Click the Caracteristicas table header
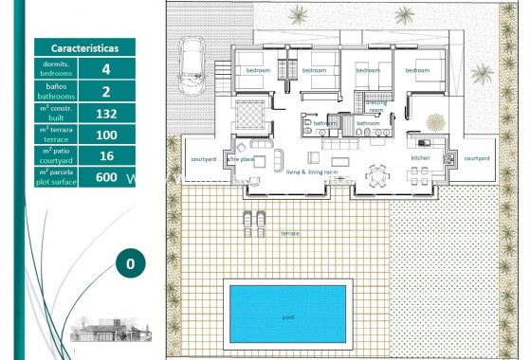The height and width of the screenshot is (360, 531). pyautogui.click(x=83, y=47)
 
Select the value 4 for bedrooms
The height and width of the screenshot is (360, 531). pyautogui.click(x=106, y=69)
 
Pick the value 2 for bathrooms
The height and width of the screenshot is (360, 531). pyautogui.click(x=106, y=91)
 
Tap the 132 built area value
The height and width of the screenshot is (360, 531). pyautogui.click(x=106, y=113)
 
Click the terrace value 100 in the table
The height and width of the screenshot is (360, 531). pyautogui.click(x=106, y=135)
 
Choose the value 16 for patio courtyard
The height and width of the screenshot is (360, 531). pyautogui.click(x=106, y=155)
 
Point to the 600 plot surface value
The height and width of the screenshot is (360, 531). pyautogui.click(x=106, y=177)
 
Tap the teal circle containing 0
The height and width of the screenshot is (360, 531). pyautogui.click(x=131, y=263)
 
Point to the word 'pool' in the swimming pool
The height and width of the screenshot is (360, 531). pyautogui.click(x=288, y=317)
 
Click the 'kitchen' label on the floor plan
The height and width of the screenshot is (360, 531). pyautogui.click(x=421, y=158)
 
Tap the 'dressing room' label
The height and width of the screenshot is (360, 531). pyautogui.click(x=375, y=105)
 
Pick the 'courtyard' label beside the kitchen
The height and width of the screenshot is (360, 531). pyautogui.click(x=477, y=158)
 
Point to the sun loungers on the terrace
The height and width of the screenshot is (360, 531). pyautogui.click(x=253, y=224)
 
